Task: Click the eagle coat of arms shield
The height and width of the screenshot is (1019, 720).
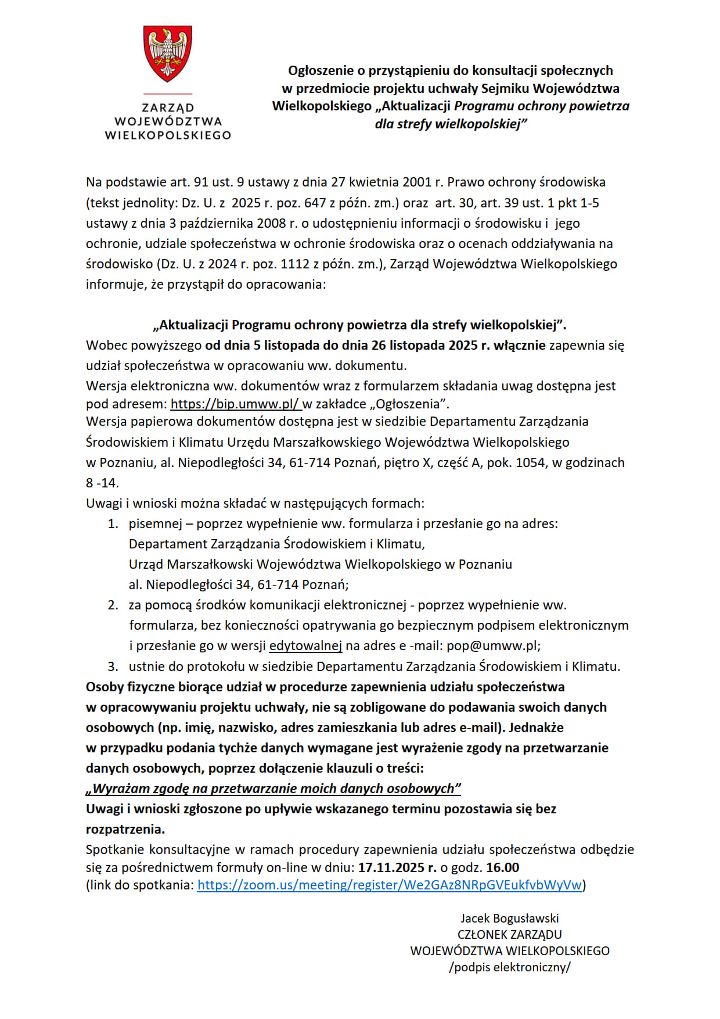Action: click(x=168, y=53)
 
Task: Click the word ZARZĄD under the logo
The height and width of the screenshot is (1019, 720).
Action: click(x=168, y=107)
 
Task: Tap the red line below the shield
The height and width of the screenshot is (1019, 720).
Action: click(x=168, y=94)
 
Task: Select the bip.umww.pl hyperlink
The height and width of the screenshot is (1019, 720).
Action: click(x=235, y=404)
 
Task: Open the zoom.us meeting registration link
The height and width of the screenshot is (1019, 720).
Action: click(x=390, y=885)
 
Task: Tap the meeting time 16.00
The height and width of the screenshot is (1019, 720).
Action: click(x=502, y=867)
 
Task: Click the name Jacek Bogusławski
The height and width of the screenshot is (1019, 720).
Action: click(x=509, y=918)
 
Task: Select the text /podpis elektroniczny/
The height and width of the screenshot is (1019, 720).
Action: click(x=509, y=967)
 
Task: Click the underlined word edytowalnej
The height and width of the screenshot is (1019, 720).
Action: click(x=305, y=645)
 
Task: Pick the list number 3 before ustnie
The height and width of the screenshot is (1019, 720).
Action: click(x=113, y=666)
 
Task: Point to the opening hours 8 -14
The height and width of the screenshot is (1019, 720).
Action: click(x=102, y=483)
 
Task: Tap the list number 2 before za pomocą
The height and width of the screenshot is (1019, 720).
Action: click(x=113, y=605)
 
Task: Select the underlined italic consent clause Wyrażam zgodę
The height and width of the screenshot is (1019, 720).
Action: click(x=273, y=788)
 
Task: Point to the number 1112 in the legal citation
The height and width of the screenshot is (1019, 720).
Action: click(x=296, y=264)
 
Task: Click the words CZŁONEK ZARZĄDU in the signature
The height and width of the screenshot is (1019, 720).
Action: click(x=509, y=934)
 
